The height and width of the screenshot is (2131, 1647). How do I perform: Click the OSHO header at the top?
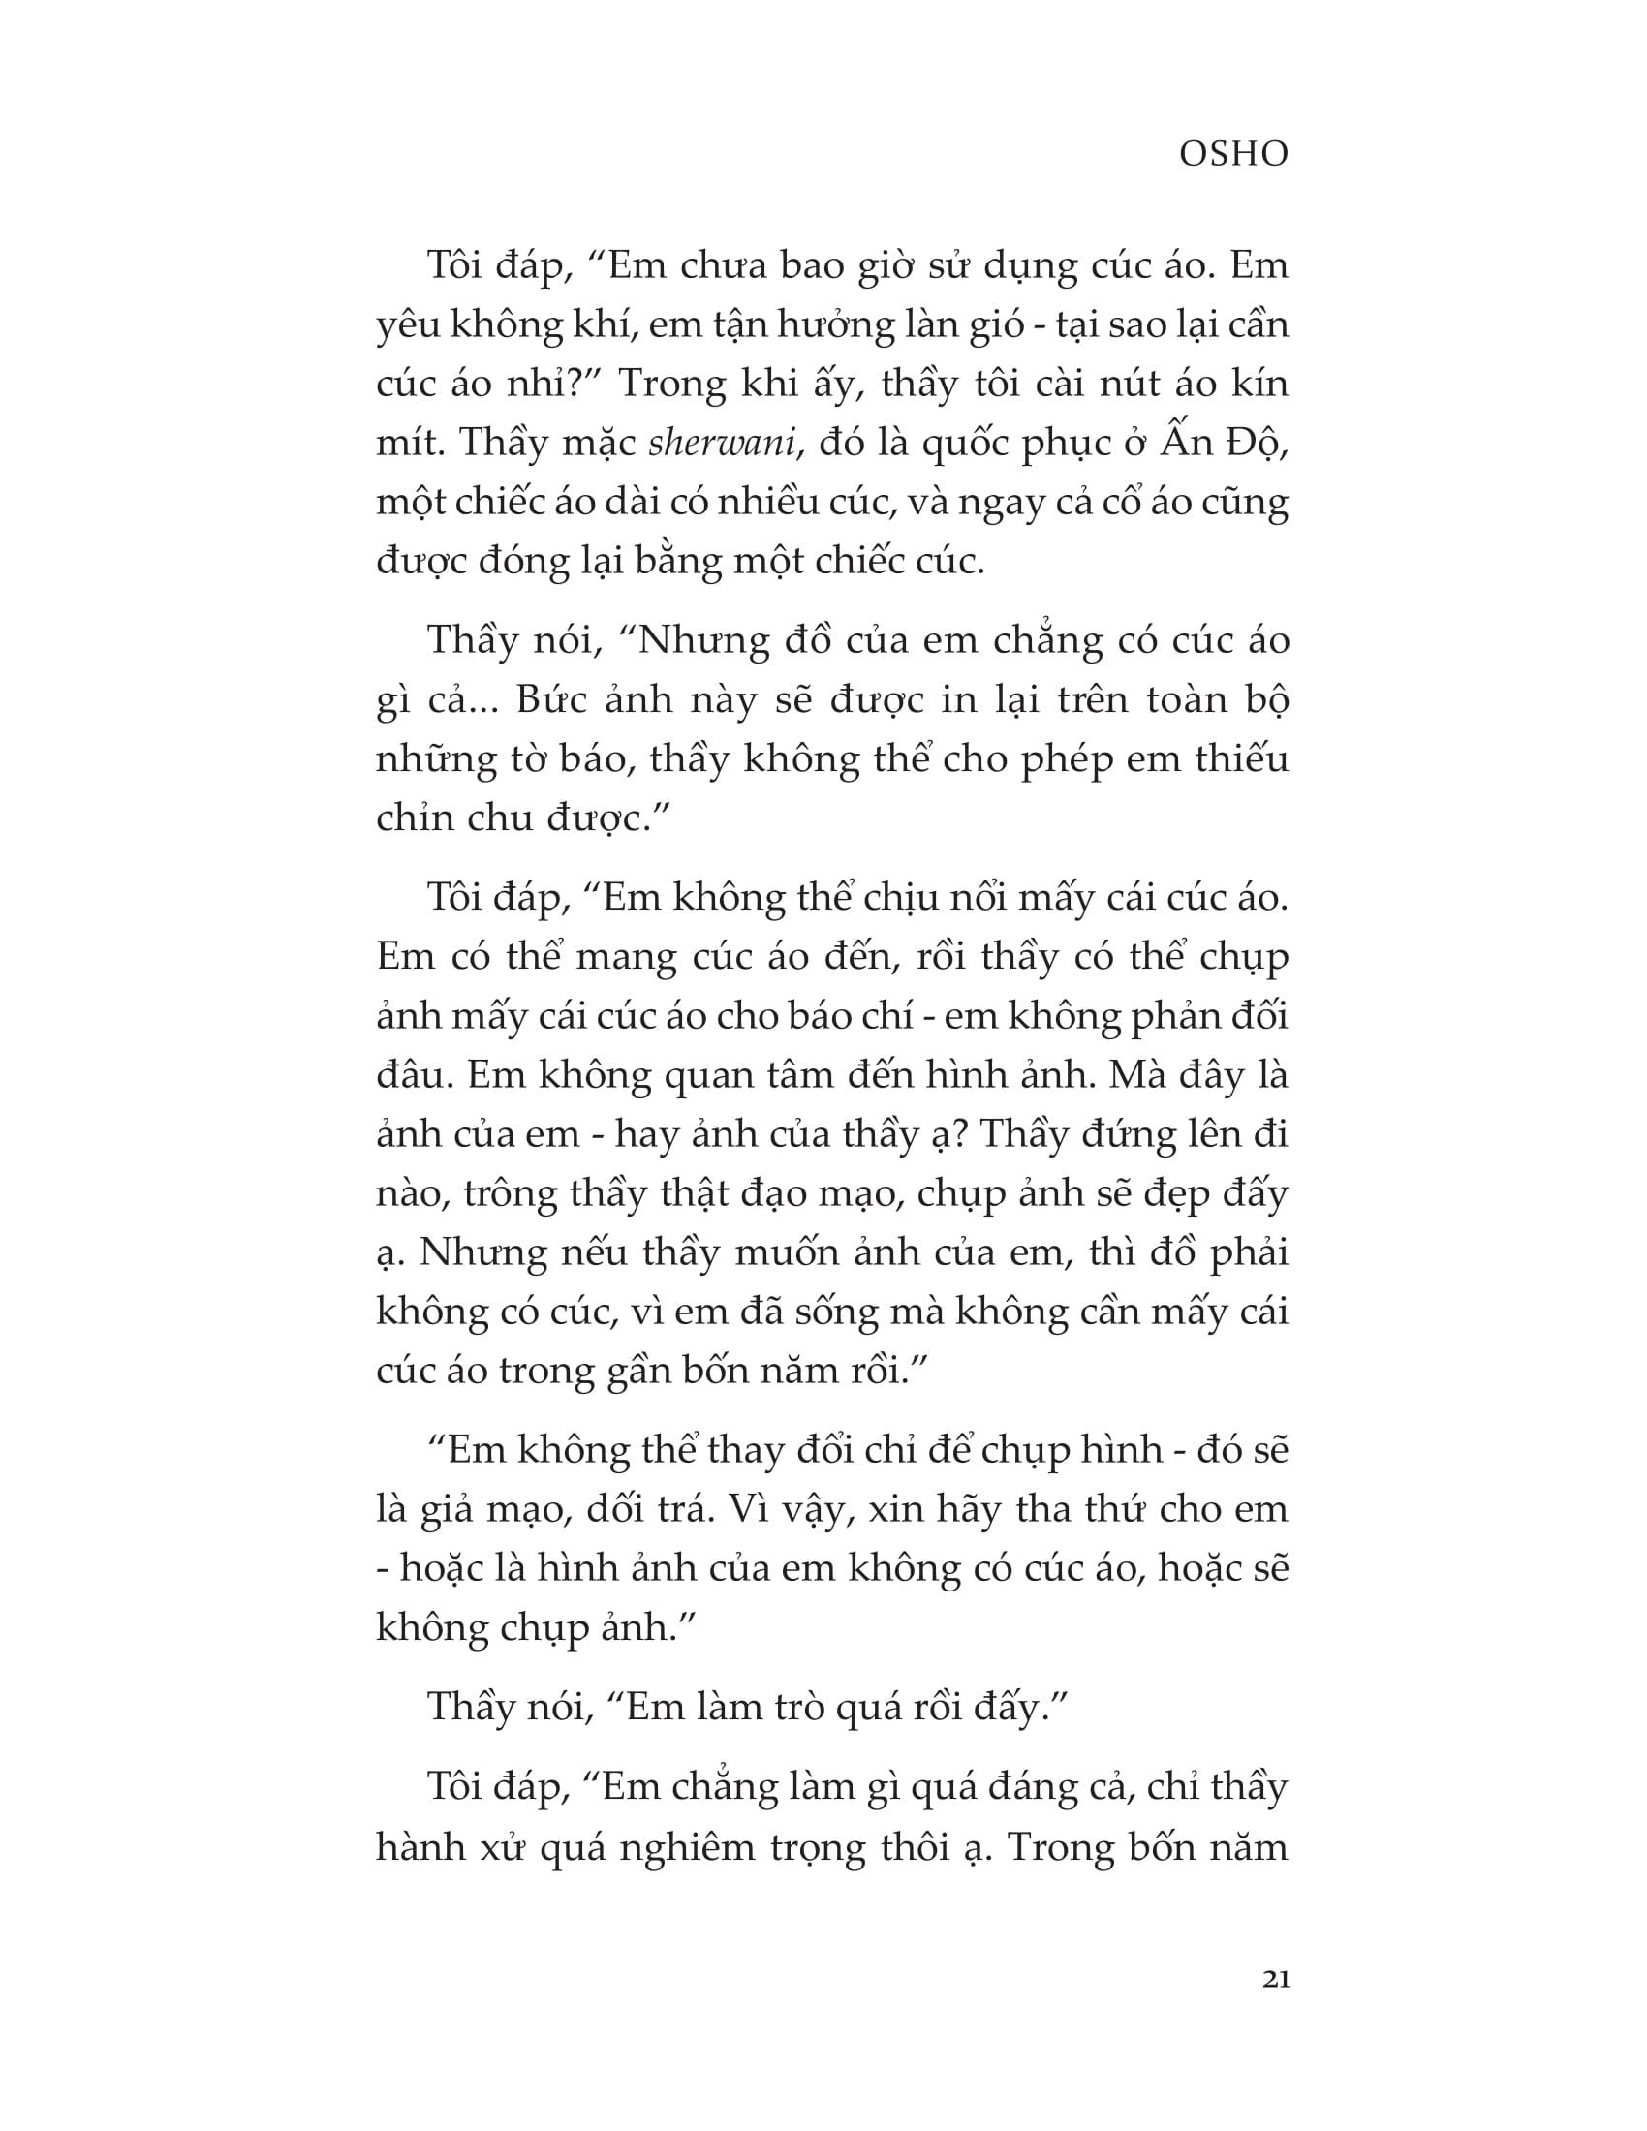click(1233, 154)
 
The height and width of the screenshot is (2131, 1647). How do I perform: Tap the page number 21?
click(1275, 1979)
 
